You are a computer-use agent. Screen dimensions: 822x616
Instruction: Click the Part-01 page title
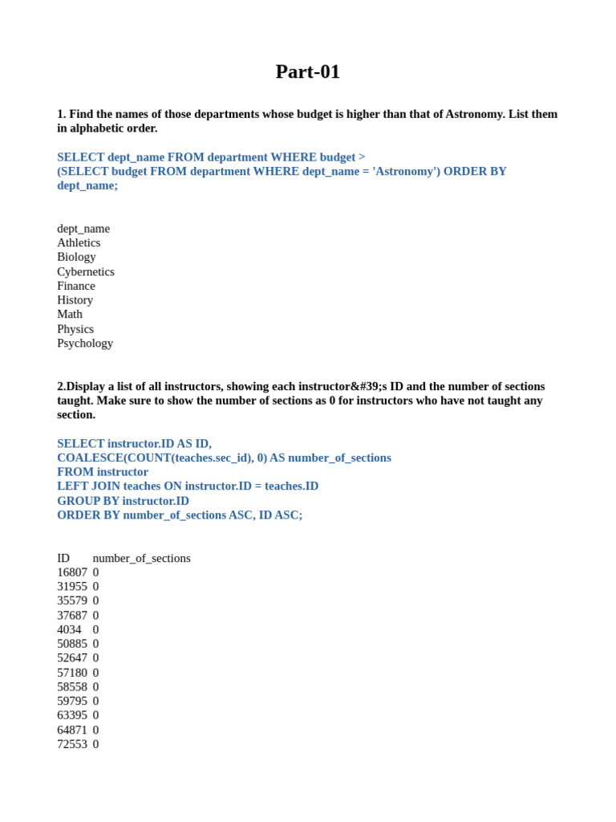[307, 71]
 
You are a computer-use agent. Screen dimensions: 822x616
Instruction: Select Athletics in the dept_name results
[79, 242]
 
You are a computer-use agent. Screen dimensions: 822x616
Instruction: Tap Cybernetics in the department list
[86, 271]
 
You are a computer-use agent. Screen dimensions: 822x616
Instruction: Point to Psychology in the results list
[85, 343]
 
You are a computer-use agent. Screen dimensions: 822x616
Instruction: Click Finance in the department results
[76, 286]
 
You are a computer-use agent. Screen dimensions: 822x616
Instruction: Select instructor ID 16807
[72, 572]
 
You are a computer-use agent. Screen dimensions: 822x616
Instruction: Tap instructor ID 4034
[69, 629]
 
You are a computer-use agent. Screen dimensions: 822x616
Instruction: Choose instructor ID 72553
[72, 744]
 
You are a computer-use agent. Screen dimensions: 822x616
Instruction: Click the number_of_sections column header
[142, 558]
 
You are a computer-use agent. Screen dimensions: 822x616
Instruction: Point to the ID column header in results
[63, 558]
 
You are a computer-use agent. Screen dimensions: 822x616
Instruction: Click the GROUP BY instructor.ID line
[123, 500]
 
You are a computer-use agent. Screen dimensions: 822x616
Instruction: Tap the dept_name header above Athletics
[83, 228]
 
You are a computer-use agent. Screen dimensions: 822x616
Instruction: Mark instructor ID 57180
[72, 673]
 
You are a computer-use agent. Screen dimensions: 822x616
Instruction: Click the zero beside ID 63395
[95, 715]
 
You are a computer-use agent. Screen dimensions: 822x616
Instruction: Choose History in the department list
[75, 300]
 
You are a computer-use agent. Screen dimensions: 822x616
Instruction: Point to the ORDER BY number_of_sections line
[180, 515]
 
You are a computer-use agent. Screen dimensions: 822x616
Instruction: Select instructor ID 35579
[72, 600]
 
